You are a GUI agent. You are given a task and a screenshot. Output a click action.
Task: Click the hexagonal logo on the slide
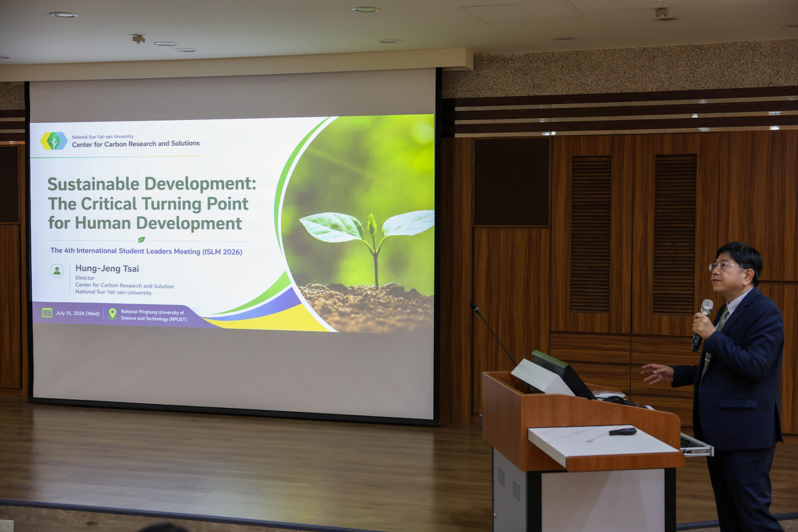coord(54,141)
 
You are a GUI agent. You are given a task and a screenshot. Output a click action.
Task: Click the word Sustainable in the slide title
coord(93,184)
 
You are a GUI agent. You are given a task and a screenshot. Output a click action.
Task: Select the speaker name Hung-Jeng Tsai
coord(107,268)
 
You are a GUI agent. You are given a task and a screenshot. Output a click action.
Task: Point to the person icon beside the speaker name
coord(57,271)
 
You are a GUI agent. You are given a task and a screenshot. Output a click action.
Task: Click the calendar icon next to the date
coord(47,312)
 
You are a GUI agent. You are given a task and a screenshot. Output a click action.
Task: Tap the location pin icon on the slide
coord(112,314)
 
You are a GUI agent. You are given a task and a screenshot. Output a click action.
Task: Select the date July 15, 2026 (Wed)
coord(78,313)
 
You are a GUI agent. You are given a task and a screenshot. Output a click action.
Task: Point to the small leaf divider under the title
coord(141,240)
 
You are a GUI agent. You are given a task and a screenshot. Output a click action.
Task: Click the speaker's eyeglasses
coord(724,266)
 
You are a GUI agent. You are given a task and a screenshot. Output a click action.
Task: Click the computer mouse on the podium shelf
coord(623,431)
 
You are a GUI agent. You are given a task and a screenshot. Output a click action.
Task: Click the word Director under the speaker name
coord(85,278)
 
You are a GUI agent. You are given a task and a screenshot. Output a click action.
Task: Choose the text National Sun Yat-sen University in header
coord(103,137)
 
